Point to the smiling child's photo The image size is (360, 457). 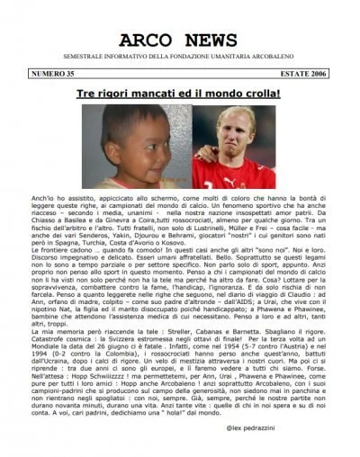click(x=125, y=143)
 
